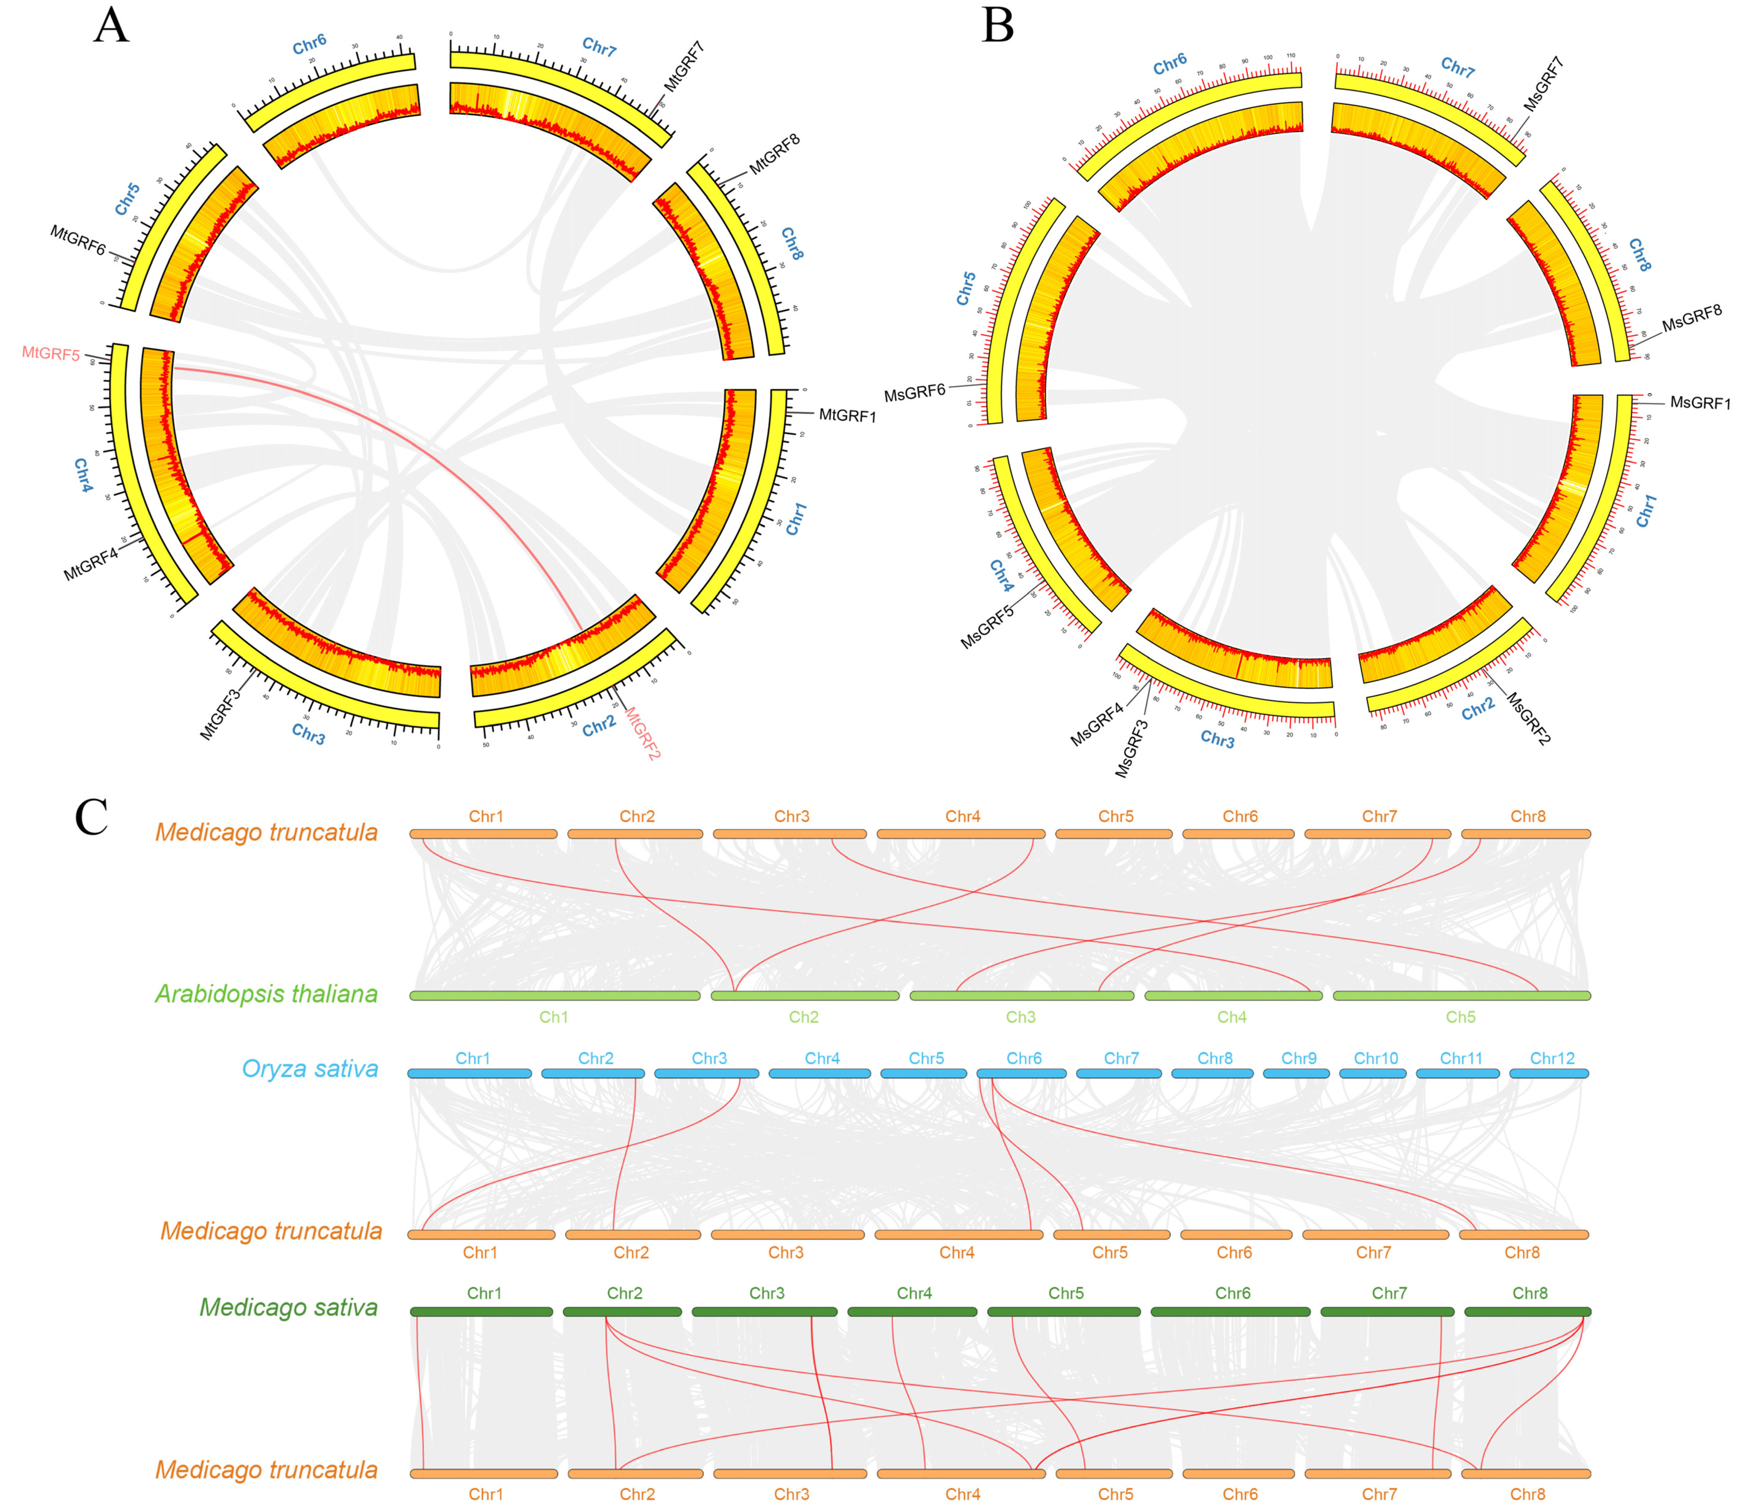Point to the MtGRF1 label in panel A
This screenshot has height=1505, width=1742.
tap(848, 415)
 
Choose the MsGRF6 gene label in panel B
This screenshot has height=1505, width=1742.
tap(915, 392)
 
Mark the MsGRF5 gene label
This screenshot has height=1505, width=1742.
tap(988, 626)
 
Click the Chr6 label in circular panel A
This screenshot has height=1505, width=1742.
tap(309, 44)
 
